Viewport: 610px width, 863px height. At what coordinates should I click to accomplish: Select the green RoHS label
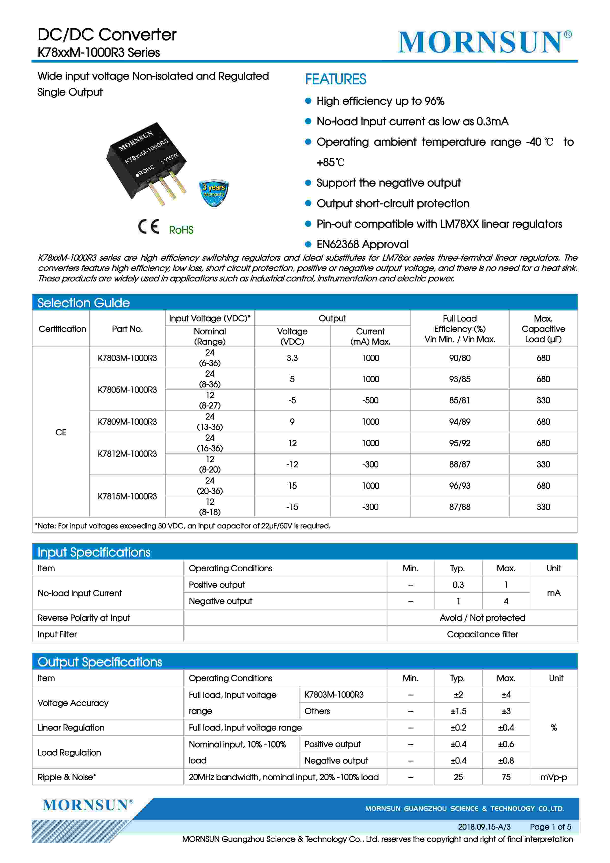(x=181, y=230)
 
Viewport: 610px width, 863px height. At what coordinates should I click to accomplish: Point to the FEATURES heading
(x=335, y=79)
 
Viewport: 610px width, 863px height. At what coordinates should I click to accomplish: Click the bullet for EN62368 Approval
(x=308, y=244)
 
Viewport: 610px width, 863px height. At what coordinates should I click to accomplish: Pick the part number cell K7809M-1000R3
(x=127, y=422)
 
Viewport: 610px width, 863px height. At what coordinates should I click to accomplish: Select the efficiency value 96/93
(x=459, y=486)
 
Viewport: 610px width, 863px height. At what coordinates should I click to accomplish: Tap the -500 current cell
(x=370, y=400)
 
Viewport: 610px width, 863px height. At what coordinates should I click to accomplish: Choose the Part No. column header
(x=127, y=329)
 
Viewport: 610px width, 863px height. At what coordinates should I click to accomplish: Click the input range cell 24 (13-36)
(x=210, y=422)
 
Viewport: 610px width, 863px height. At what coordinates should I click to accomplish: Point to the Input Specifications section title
(x=94, y=552)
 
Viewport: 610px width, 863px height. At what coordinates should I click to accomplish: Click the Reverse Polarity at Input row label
(x=84, y=618)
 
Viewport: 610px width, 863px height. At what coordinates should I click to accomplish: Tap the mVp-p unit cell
(x=553, y=777)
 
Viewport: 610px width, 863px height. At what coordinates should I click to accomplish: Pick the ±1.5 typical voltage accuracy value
(x=458, y=711)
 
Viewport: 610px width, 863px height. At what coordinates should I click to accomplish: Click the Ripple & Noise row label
(x=67, y=777)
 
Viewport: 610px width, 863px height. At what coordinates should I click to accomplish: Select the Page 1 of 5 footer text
(x=550, y=827)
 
